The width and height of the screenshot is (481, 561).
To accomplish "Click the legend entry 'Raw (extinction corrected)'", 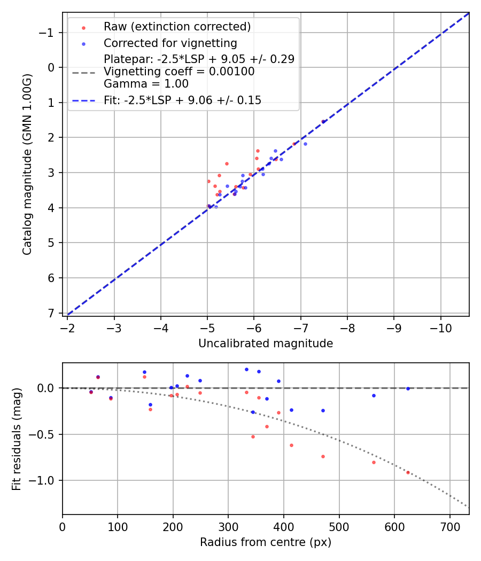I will tap(177, 27).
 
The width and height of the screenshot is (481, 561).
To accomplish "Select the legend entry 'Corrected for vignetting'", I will tap(170, 43).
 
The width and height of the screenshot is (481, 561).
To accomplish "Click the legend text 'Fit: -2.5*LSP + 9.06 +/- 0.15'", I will tap(182, 100).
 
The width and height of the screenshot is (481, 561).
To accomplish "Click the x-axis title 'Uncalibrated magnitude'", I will tap(266, 344).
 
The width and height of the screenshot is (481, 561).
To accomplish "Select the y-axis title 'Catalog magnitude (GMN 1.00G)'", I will tap(28, 165).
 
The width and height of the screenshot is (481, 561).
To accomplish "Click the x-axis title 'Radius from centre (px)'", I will tap(266, 542).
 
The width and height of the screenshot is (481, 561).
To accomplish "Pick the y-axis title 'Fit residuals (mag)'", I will tap(17, 439).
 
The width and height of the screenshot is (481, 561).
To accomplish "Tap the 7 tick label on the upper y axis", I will tap(52, 313).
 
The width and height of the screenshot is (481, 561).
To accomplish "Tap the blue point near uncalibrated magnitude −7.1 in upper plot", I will tap(305, 144).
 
